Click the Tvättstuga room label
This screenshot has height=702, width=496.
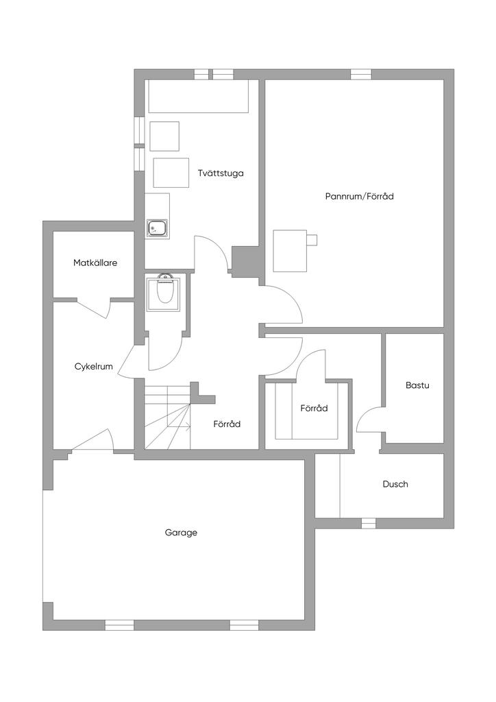click(220, 173)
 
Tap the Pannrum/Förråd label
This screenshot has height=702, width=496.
click(359, 196)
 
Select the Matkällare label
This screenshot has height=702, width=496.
click(95, 263)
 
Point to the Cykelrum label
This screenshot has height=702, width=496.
click(93, 367)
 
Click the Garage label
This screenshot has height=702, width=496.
click(181, 532)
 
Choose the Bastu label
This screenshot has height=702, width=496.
click(417, 385)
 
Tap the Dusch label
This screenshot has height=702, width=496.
click(395, 484)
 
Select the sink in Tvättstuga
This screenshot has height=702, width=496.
click(158, 227)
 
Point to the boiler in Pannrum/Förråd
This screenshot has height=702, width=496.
click(290, 250)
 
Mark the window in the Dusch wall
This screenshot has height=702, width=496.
click(369, 523)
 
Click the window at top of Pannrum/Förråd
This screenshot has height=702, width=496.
click(361, 74)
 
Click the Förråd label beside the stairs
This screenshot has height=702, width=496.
click(227, 424)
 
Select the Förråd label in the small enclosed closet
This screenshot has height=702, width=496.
click(314, 408)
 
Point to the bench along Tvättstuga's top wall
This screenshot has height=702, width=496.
click(199, 96)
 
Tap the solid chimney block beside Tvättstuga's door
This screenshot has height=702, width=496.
click(245, 261)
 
